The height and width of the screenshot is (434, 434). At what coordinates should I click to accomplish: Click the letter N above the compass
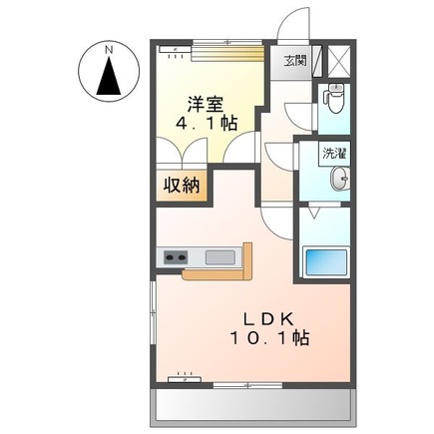click(107, 48)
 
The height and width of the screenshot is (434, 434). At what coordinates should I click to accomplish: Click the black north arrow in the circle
click(107, 75)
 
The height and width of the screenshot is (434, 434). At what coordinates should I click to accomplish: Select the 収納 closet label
click(183, 185)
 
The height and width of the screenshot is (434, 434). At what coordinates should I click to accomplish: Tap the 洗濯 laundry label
click(334, 155)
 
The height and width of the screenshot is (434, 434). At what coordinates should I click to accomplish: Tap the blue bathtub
click(326, 264)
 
